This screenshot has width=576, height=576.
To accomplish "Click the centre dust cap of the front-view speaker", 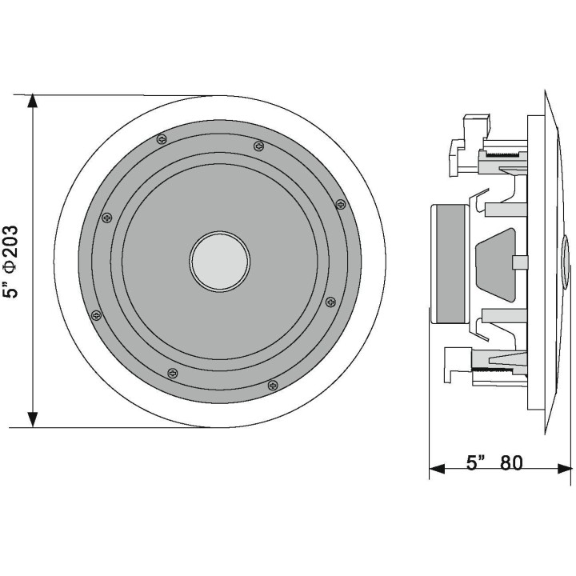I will (220, 262).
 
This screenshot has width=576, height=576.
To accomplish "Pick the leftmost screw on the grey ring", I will (97, 314).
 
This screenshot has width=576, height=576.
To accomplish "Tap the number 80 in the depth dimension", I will (511, 463).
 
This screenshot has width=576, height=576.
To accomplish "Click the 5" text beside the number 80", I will (477, 463).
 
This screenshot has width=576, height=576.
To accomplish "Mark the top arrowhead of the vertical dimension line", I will (32, 102).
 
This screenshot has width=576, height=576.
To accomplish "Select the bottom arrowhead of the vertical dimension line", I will (32, 419).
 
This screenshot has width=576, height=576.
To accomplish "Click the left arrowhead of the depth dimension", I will (435, 470).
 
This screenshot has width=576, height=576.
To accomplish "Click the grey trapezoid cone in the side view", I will (493, 262).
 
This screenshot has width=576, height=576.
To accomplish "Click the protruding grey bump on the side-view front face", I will (566, 262).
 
